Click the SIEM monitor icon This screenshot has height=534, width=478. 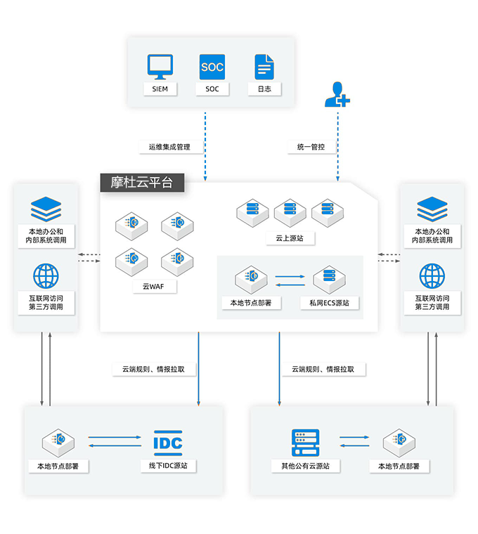[160, 67]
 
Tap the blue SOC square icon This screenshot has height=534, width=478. [212, 67]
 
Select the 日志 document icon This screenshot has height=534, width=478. [264, 67]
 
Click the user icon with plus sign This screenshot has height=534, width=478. [337, 94]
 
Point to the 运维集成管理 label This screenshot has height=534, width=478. [169, 147]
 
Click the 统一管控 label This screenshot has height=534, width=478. [311, 147]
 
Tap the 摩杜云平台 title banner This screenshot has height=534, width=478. [142, 183]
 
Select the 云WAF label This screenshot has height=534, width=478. [154, 287]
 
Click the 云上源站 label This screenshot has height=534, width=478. [290, 238]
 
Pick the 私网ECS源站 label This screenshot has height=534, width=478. [330, 303]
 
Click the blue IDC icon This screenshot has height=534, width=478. [168, 443]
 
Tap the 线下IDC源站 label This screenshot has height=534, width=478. [168, 466]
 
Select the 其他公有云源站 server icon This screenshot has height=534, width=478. [306, 443]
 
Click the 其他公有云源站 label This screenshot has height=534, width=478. [306, 466]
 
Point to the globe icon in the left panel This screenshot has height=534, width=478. [46, 276]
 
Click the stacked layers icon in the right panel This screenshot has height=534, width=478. [432, 209]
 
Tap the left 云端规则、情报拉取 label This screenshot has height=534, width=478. [154, 369]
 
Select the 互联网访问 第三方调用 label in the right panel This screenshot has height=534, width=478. [432, 302]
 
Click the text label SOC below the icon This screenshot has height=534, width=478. [212, 89]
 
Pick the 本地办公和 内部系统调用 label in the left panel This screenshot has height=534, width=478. [46, 235]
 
